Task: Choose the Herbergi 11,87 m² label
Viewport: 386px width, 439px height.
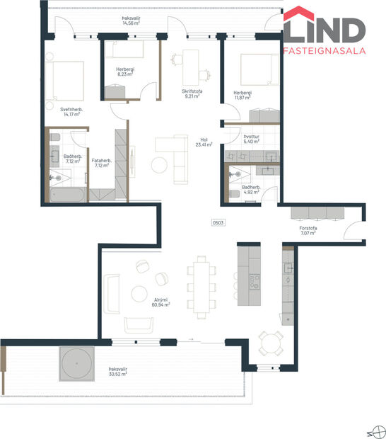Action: (x=244, y=94)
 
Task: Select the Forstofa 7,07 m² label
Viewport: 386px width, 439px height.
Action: (x=309, y=230)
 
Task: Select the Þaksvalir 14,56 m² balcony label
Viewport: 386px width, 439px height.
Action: (x=131, y=21)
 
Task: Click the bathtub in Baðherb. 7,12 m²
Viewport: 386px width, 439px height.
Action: (x=68, y=194)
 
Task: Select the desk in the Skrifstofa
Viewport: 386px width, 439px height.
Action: (x=189, y=67)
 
